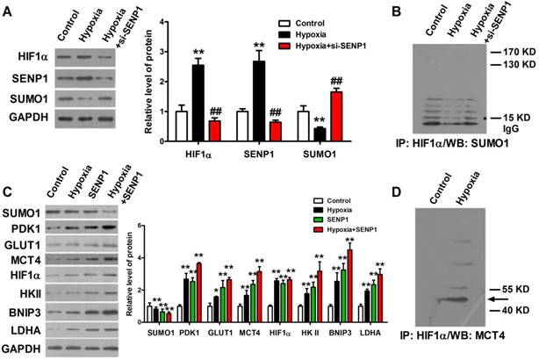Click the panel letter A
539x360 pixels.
pyautogui.click(x=9, y=9)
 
